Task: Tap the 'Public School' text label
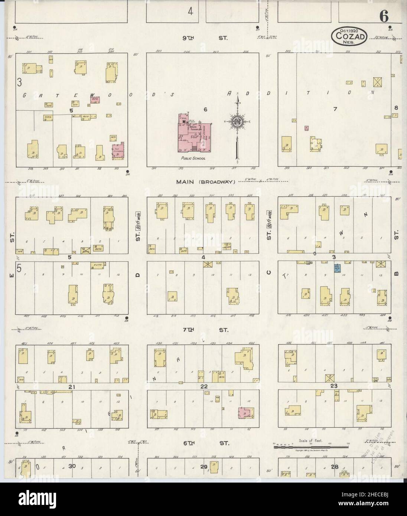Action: (x=193, y=158)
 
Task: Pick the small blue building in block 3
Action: (x=337, y=268)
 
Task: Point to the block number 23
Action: (x=334, y=386)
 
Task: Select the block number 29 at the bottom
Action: (x=203, y=467)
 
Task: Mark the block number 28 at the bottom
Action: (x=335, y=467)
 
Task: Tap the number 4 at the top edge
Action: (x=191, y=12)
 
